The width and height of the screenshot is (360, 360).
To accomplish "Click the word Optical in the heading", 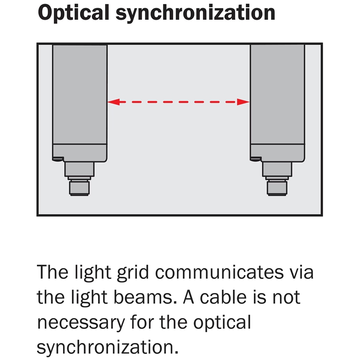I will pyautogui.click(x=72, y=13).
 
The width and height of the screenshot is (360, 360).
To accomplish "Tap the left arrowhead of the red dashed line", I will pyautogui.click(x=113, y=102).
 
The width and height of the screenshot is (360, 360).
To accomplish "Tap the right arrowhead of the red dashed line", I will pyautogui.click(x=244, y=102).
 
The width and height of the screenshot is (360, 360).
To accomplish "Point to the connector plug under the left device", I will pyautogui.click(x=79, y=184).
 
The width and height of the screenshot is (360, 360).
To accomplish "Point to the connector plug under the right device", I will pyautogui.click(x=277, y=184).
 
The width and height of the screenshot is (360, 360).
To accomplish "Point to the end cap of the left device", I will pyautogui.click(x=80, y=152).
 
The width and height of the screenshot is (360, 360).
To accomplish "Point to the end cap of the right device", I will pyautogui.click(x=277, y=152).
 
